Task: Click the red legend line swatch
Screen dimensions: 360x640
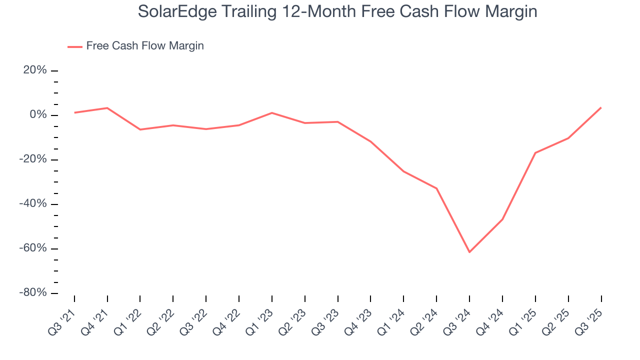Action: tap(75, 46)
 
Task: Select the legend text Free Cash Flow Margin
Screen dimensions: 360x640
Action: tap(145, 46)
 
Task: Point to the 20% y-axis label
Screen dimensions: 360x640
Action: tap(35, 70)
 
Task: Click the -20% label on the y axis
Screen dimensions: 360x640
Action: tap(33, 159)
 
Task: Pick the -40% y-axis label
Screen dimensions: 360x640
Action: tap(33, 204)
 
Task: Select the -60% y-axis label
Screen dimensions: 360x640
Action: tap(33, 248)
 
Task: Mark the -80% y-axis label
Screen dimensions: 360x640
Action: tap(33, 293)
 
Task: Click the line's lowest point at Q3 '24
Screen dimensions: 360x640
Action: tap(469, 252)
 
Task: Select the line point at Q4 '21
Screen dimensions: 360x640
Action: tap(107, 108)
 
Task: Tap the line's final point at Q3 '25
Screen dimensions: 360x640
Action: tap(601, 107)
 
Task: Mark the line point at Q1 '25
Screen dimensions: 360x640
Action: tap(535, 153)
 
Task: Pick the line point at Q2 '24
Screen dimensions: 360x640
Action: tap(436, 188)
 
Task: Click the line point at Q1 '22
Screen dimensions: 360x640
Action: tap(140, 129)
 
